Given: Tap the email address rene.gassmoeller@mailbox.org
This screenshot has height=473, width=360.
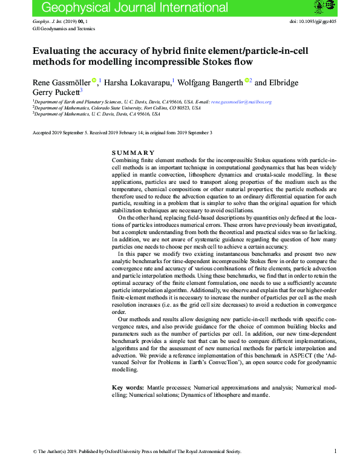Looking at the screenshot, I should click(x=241, y=102).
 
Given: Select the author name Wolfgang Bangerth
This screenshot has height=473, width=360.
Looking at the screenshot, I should click(x=212, y=82).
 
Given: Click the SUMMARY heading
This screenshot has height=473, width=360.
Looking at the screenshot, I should click(x=134, y=152).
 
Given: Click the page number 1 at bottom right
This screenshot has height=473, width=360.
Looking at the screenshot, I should click(x=335, y=451).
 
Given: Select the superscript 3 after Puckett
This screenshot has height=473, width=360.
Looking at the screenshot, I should click(x=81, y=90).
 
